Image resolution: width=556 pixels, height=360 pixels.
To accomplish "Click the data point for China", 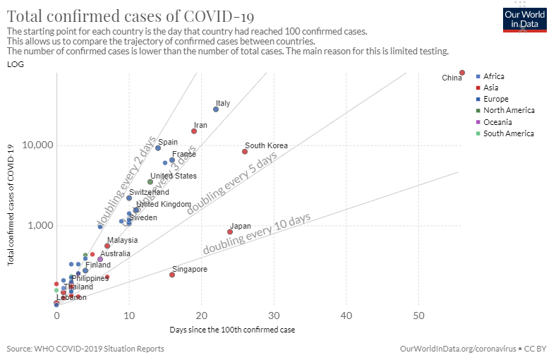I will [462, 73].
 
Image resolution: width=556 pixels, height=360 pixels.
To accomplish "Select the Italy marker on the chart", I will [216, 109].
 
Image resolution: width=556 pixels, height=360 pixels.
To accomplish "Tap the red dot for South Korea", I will [245, 151].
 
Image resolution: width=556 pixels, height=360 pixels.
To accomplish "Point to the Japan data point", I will [230, 232].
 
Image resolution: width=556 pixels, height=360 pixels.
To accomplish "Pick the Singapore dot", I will [172, 275].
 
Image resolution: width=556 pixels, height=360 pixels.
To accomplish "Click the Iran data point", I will [194, 131].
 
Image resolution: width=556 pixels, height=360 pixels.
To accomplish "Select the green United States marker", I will [150, 181].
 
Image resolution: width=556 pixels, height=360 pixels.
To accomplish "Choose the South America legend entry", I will [508, 133].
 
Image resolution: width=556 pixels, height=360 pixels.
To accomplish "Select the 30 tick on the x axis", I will [274, 316].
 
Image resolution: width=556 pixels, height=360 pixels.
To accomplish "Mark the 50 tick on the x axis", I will [418, 316].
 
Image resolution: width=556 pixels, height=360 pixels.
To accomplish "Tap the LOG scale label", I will [14, 64].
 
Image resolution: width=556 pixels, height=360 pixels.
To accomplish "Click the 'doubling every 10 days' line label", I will [257, 234].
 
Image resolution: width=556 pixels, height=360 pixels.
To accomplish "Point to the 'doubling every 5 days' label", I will [232, 184].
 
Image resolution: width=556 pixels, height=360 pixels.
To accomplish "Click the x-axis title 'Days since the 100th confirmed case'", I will [232, 330].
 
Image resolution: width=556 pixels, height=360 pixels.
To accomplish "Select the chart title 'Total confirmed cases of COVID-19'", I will [131, 16].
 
